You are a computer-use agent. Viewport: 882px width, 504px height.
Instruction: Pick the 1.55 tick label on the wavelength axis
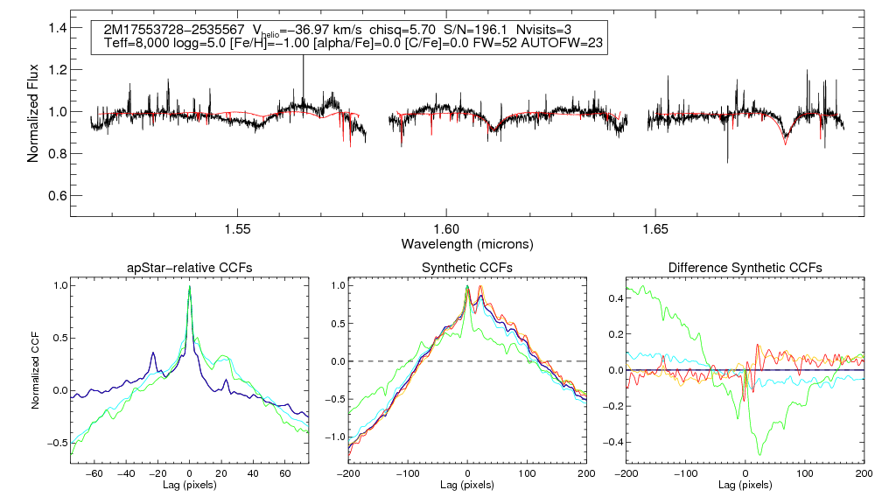point(238,228)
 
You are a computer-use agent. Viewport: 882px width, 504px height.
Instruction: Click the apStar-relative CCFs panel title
point(189,268)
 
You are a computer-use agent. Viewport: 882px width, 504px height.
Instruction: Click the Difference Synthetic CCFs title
point(745,268)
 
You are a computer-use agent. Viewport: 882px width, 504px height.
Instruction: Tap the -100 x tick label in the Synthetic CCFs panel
point(408,472)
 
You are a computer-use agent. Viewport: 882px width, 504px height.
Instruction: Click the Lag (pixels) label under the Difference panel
point(745,485)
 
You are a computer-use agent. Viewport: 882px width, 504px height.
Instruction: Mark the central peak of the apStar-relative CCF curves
point(190,288)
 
